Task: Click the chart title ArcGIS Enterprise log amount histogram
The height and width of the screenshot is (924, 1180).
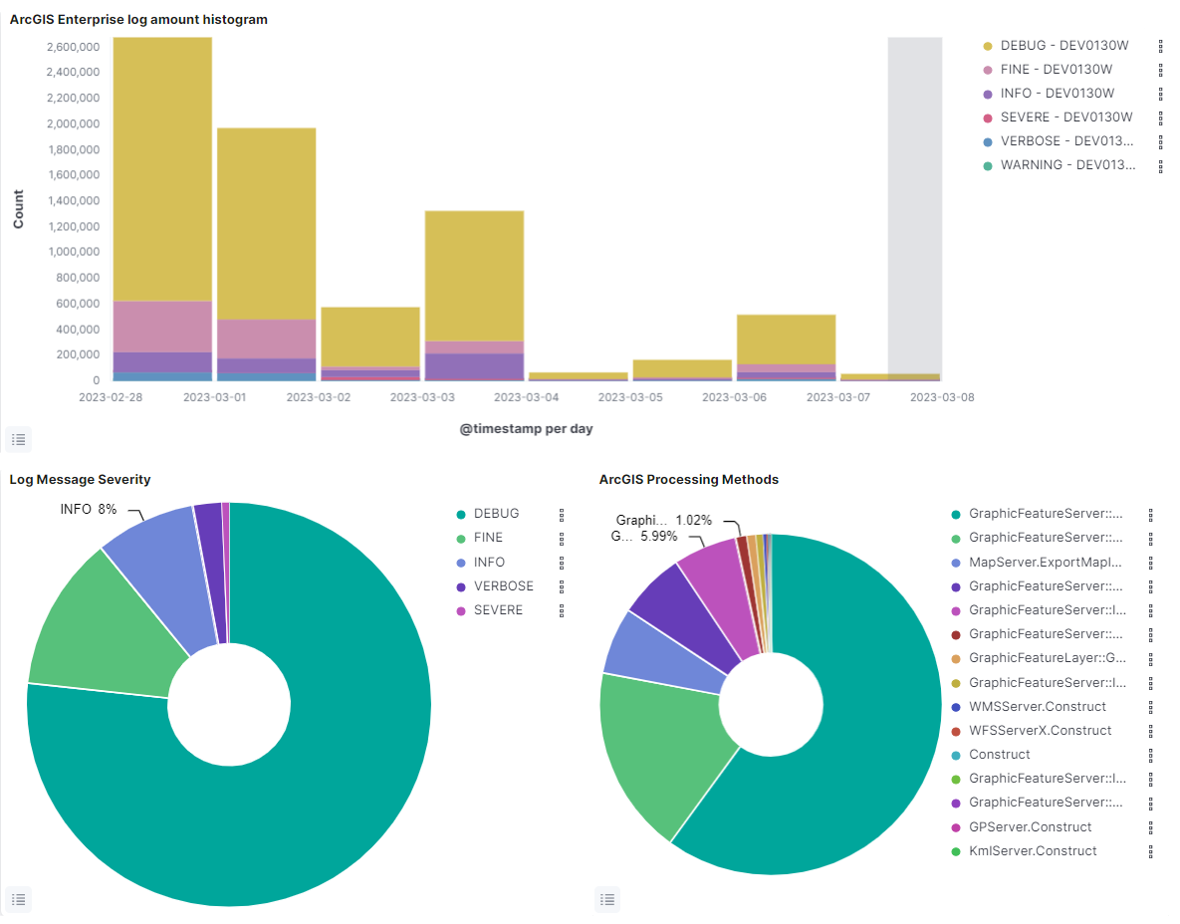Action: click(x=138, y=19)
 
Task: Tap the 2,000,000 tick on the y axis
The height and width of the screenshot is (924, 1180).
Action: click(x=73, y=123)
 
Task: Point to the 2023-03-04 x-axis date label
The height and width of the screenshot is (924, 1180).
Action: click(x=527, y=397)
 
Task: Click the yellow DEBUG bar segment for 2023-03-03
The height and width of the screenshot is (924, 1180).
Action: click(x=474, y=275)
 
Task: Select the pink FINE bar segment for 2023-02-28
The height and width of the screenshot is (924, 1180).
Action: click(x=162, y=326)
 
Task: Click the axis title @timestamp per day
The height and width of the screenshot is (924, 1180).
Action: click(x=527, y=429)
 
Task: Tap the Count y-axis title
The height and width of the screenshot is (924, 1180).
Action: click(x=18, y=210)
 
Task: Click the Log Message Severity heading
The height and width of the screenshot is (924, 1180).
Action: click(x=80, y=479)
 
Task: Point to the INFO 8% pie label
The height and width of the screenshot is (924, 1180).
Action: click(x=89, y=509)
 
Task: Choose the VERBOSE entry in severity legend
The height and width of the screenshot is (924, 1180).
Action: click(x=503, y=586)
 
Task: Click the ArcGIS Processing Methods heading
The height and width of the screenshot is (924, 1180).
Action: click(x=688, y=479)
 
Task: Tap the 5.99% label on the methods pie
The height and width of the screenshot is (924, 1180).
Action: click(x=658, y=536)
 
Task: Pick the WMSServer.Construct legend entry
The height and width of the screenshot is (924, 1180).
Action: click(x=1037, y=707)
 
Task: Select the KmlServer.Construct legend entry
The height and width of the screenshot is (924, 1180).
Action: click(x=1032, y=851)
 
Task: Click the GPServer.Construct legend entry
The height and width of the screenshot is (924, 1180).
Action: click(x=1030, y=827)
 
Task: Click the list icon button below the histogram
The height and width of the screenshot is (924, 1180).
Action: click(x=19, y=438)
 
